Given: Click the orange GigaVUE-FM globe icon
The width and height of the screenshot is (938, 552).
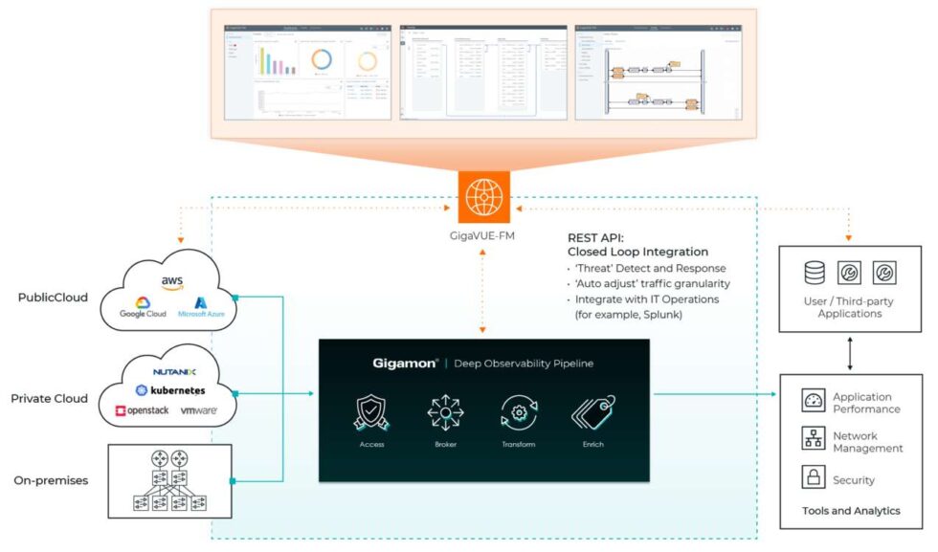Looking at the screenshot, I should click(483, 197).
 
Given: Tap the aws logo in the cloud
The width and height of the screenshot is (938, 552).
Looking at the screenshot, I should click(172, 281).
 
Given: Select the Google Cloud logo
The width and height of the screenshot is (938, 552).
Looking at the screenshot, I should click(143, 307).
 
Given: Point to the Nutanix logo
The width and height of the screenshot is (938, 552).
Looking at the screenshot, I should click(174, 371).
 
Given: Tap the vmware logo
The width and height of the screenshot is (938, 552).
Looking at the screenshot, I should click(198, 410).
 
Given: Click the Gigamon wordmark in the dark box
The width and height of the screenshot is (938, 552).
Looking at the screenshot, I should click(406, 364).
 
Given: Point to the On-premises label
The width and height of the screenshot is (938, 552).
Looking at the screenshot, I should click(51, 480).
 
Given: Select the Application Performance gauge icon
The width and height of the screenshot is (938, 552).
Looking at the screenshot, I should click(814, 402).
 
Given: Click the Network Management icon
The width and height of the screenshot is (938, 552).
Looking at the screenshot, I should click(814, 440).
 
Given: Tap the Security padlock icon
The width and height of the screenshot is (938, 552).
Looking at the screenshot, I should click(814, 478).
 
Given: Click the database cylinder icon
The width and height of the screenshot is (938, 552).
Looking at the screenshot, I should click(814, 273).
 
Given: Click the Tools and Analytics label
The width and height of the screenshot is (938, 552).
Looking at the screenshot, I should click(851, 511).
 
